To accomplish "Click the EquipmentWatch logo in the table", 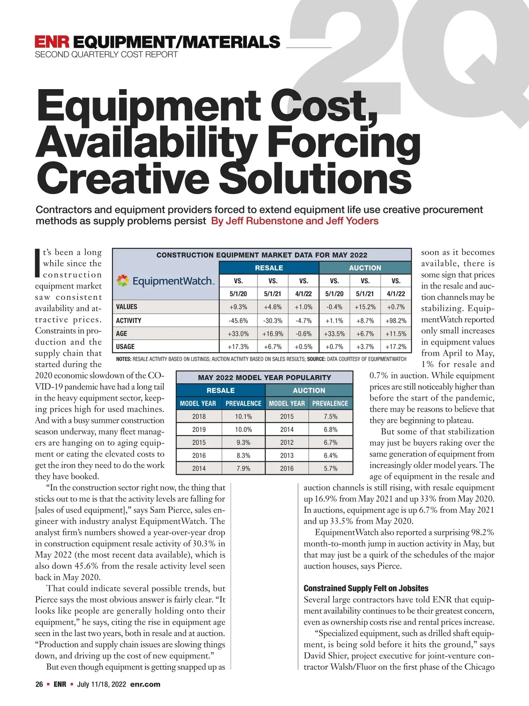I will click(x=165, y=281).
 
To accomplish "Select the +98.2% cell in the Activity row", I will click(x=396, y=320).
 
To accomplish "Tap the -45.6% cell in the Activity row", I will click(x=238, y=320).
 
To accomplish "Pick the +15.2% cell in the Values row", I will click(x=365, y=307).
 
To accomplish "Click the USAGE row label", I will click(x=125, y=347).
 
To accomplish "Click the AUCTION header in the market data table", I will click(x=365, y=268).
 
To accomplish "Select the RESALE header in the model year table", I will click(x=220, y=391).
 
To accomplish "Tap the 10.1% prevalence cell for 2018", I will click(x=243, y=417).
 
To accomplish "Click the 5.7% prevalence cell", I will click(x=331, y=469).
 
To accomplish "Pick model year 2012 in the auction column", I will click(x=287, y=443).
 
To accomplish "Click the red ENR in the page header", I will click(x=52, y=42).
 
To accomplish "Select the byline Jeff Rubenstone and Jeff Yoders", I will click(x=294, y=221).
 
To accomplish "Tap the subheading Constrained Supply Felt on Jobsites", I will click(x=366, y=588).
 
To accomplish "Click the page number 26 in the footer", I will click(x=39, y=684).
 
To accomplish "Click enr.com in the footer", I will click(x=145, y=684).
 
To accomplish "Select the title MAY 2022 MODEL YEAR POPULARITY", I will click(x=264, y=378).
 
